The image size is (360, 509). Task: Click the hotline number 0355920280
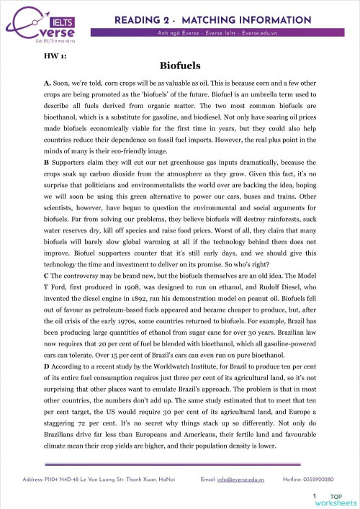(x=320, y=478)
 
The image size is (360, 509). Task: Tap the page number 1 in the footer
(x=315, y=497)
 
